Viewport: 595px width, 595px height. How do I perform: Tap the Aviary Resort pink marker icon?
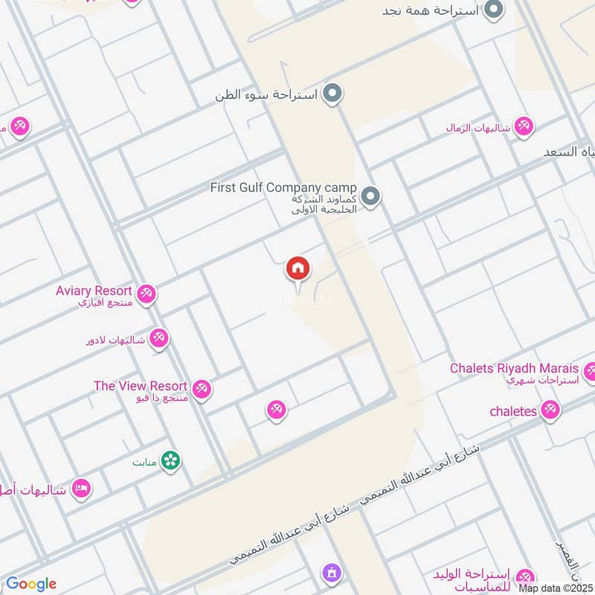147,294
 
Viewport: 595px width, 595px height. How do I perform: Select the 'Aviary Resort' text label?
94,291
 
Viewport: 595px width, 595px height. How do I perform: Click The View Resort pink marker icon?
201,388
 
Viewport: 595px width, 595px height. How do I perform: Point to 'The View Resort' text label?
140,386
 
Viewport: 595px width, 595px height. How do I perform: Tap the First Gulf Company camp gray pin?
372,197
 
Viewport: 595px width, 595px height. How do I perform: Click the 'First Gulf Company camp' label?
283,187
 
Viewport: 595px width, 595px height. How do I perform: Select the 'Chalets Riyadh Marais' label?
514,368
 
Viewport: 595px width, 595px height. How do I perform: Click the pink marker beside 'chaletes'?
550,410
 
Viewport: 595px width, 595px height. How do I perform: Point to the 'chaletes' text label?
513,411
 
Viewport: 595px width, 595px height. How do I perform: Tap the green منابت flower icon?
171,461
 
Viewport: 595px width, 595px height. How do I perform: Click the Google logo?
31,584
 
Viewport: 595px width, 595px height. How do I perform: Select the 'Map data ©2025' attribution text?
556,588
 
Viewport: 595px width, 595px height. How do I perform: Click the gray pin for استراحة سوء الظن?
334,94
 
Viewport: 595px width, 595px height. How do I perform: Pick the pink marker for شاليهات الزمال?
524,126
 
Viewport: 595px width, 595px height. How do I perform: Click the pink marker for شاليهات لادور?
158,340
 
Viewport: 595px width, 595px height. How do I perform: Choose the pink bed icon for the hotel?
82,489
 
